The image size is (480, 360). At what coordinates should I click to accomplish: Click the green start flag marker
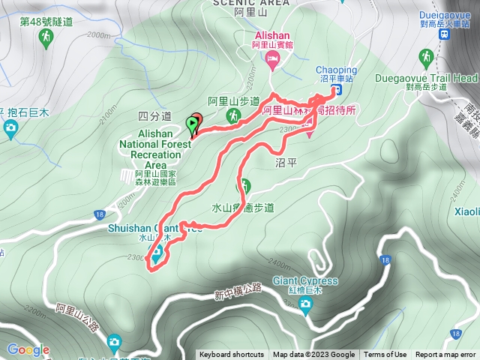tap(192, 122)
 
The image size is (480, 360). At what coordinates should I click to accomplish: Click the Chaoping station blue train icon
tap(337, 90)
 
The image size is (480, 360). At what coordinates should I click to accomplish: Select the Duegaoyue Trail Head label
tap(440, 77)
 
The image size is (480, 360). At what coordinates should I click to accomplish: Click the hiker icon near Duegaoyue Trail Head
tap(427, 56)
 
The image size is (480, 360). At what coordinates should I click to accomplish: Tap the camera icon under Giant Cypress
tap(304, 304)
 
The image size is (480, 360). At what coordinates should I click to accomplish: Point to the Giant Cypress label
tap(305, 281)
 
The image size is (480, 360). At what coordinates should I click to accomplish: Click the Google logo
tap(28, 349)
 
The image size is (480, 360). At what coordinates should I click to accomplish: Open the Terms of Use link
tap(385, 355)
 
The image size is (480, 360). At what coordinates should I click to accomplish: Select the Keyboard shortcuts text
tap(232, 355)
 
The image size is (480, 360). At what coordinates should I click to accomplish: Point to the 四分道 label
tap(155, 116)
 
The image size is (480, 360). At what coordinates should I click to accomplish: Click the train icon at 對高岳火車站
tap(444, 34)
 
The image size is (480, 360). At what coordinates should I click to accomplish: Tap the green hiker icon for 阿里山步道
tap(233, 115)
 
